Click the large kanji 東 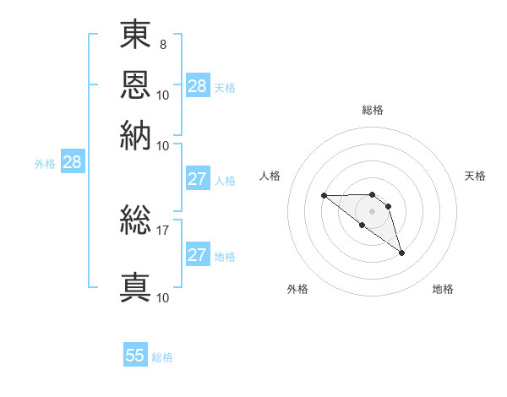[x=135, y=34]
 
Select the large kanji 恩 [x=135, y=84]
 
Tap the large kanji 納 [x=135, y=135]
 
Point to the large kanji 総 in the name [x=135, y=220]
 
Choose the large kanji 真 [x=135, y=287]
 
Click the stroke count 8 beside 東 [x=163, y=45]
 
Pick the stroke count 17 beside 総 [x=162, y=231]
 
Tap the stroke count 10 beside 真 [x=162, y=298]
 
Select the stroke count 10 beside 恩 [x=162, y=95]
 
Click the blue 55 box [x=135, y=354]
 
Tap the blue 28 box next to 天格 [x=198, y=85]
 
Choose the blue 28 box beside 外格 [x=73, y=161]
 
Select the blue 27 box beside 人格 [x=198, y=178]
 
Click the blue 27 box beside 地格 [x=198, y=253]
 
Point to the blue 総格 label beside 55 [x=162, y=357]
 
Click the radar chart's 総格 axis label [x=373, y=110]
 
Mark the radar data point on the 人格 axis [x=324, y=195]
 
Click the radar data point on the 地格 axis [x=401, y=253]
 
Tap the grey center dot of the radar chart [x=372, y=211]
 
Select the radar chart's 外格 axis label [x=297, y=289]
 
